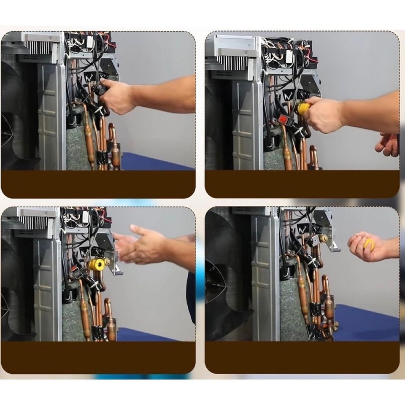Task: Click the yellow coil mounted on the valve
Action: point(97,265)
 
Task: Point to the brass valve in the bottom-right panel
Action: point(323,238)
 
